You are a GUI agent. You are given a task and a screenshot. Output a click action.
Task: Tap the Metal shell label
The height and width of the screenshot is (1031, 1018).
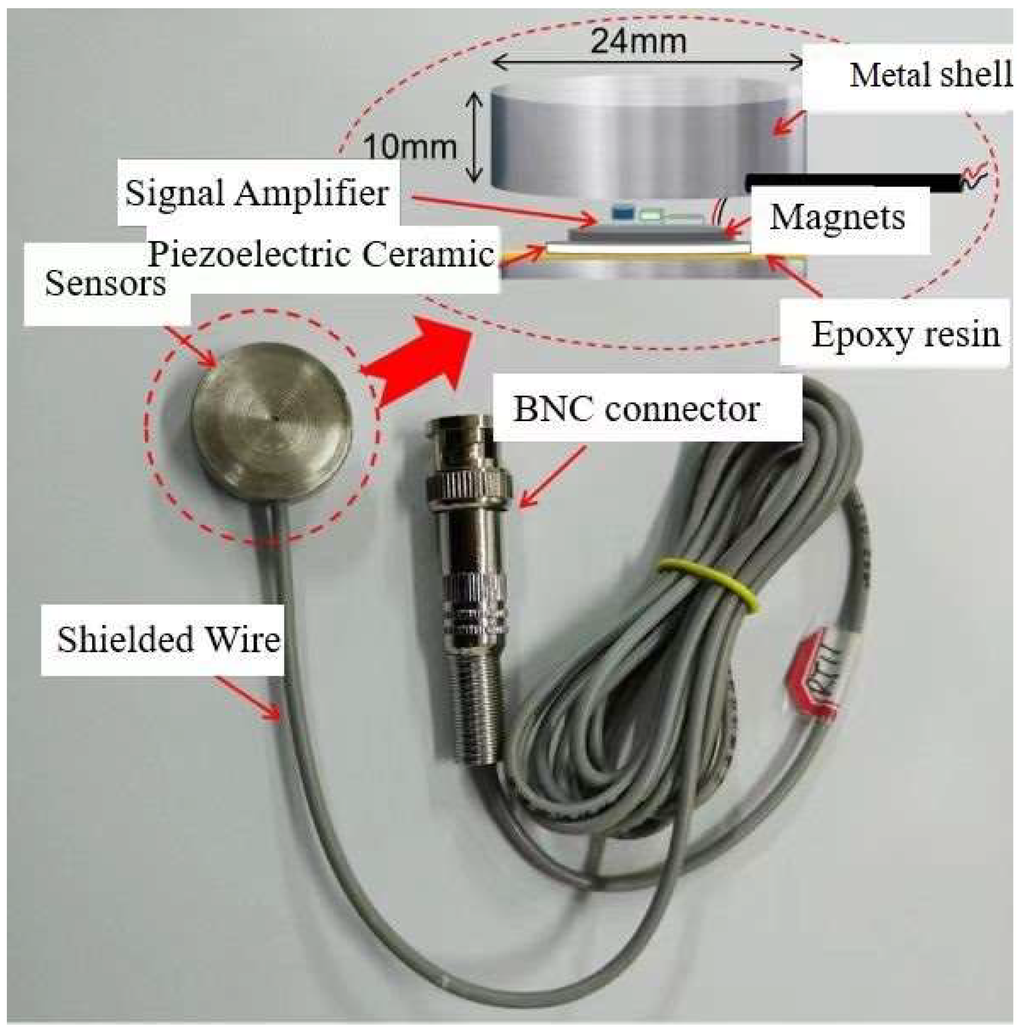coord(930,75)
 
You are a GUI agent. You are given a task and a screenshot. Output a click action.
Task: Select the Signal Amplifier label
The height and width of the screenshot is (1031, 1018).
coord(256,193)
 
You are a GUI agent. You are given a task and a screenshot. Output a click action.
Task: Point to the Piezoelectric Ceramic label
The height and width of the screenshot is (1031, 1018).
coord(320,254)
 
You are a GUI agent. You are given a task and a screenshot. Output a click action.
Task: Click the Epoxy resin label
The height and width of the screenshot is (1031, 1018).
coord(905,335)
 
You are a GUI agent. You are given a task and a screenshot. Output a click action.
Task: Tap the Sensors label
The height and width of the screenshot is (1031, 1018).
coord(105,284)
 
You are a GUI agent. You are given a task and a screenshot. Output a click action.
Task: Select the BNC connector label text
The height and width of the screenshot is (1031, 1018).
coord(636,410)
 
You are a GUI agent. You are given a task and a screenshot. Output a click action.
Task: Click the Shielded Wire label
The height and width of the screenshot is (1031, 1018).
coord(169,640)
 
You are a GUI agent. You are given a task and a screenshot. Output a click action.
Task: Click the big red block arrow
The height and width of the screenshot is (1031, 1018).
coord(422,363)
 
